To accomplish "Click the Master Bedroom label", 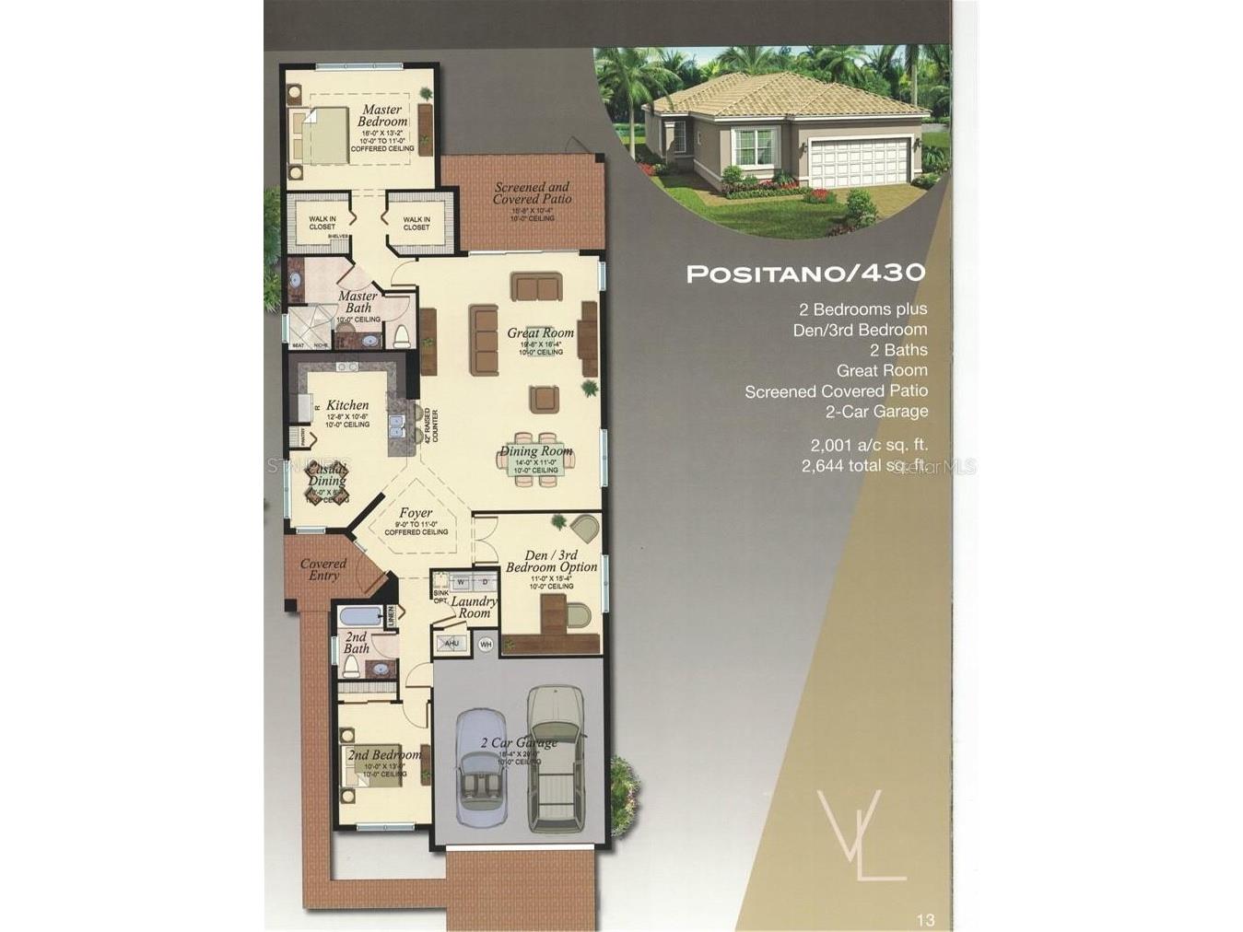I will (381, 116).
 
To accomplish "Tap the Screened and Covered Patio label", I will (532, 192).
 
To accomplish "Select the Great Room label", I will (540, 332).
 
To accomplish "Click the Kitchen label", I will (347, 405).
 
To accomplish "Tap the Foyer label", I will (416, 513).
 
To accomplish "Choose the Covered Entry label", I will (323, 569).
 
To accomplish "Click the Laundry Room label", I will (474, 607).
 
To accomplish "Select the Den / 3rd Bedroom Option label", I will (551, 561).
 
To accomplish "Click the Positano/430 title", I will (805, 274).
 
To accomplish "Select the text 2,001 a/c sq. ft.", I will (869, 445).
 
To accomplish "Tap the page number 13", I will (925, 919).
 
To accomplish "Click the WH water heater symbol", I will (486, 644).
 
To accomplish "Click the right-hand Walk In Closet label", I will (416, 223).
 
